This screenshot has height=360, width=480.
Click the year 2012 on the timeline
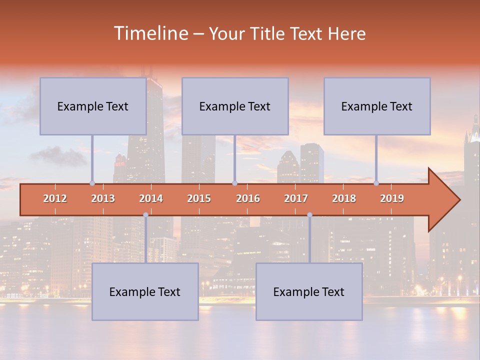click(55, 198)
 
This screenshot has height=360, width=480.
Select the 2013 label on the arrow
click(103, 198)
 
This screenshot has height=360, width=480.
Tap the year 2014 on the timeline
click(151, 198)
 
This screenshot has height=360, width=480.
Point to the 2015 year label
click(199, 198)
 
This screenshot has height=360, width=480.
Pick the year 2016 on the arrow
click(248, 198)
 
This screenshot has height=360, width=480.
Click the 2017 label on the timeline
click(296, 198)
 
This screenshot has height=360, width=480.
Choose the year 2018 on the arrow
click(344, 198)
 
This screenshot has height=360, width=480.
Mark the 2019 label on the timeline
click(392, 198)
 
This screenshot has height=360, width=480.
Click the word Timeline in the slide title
click(150, 33)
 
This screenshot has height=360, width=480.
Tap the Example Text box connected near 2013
click(93, 106)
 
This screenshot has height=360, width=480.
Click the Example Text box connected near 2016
click(235, 106)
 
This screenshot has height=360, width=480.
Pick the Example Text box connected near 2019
click(377, 106)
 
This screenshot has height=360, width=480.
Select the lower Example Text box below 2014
click(145, 291)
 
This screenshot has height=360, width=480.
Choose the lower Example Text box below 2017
click(309, 291)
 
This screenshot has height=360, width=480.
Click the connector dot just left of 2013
click(92, 183)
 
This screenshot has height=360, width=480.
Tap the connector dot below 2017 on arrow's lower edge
click(309, 214)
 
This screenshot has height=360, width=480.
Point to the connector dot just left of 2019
click(376, 183)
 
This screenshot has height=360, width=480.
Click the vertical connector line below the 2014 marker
click(145, 240)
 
